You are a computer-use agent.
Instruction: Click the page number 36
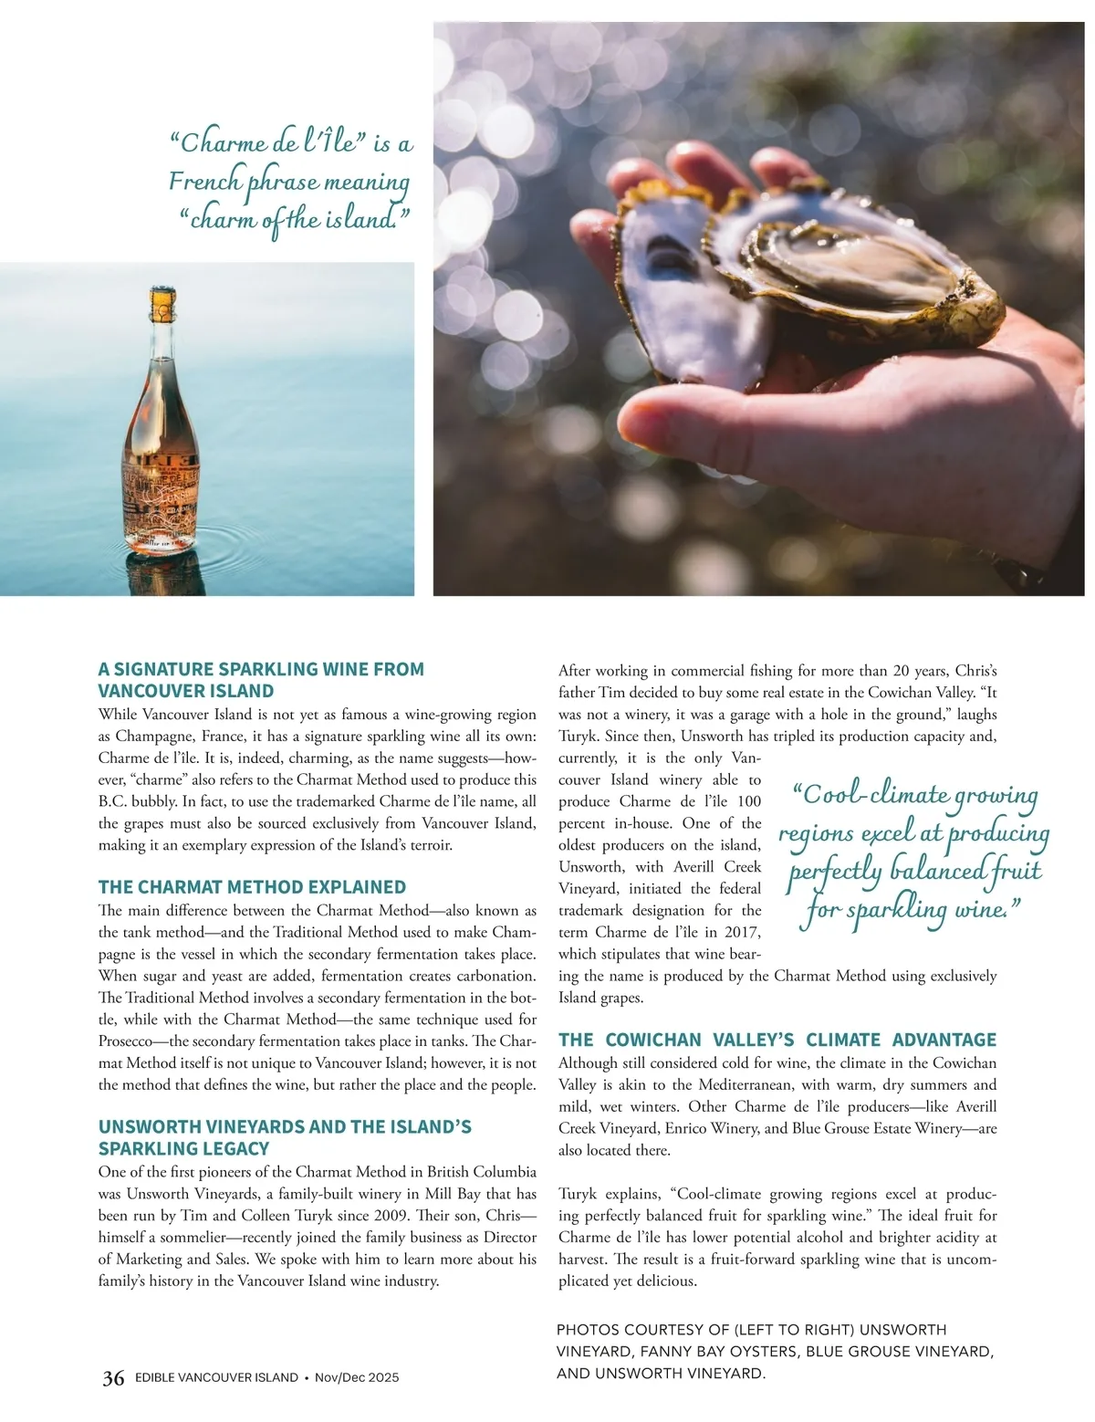(x=113, y=1378)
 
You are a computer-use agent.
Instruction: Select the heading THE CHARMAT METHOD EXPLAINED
(x=252, y=887)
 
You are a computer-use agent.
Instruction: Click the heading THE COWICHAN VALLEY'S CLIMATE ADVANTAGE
(x=777, y=1040)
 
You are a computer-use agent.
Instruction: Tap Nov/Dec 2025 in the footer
(x=357, y=1378)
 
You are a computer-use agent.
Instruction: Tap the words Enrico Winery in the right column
(x=713, y=1129)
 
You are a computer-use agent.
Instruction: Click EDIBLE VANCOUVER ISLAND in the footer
(x=216, y=1378)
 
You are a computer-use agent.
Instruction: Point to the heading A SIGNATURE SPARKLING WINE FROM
(x=261, y=669)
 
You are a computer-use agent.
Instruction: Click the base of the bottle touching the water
(x=159, y=546)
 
